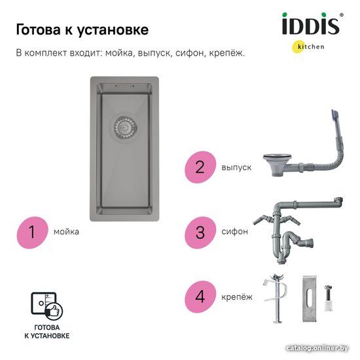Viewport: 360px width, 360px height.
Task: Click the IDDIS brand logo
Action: (x=311, y=24)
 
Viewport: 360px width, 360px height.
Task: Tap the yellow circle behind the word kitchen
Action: (x=298, y=47)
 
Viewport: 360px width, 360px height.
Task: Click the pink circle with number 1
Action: (x=32, y=232)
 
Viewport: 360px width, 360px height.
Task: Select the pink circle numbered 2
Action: (x=200, y=167)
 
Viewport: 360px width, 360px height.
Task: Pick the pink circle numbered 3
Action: (x=200, y=232)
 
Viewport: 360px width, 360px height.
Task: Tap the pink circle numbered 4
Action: (x=200, y=297)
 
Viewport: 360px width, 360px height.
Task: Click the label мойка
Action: (x=66, y=232)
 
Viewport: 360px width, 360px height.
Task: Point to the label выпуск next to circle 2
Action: (x=236, y=168)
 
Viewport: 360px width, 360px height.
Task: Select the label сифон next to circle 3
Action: (x=234, y=232)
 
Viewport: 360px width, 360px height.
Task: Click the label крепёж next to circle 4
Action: (x=237, y=297)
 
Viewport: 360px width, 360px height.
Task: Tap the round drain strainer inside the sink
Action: (x=124, y=126)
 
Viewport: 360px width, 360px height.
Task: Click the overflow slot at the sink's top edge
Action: (x=124, y=86)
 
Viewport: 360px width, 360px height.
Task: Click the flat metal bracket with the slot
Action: (x=310, y=298)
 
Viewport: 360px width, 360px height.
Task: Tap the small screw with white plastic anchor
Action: (x=329, y=298)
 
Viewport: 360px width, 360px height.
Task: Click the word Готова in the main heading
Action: (x=39, y=30)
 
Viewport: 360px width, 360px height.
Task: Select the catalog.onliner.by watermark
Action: (x=317, y=348)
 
